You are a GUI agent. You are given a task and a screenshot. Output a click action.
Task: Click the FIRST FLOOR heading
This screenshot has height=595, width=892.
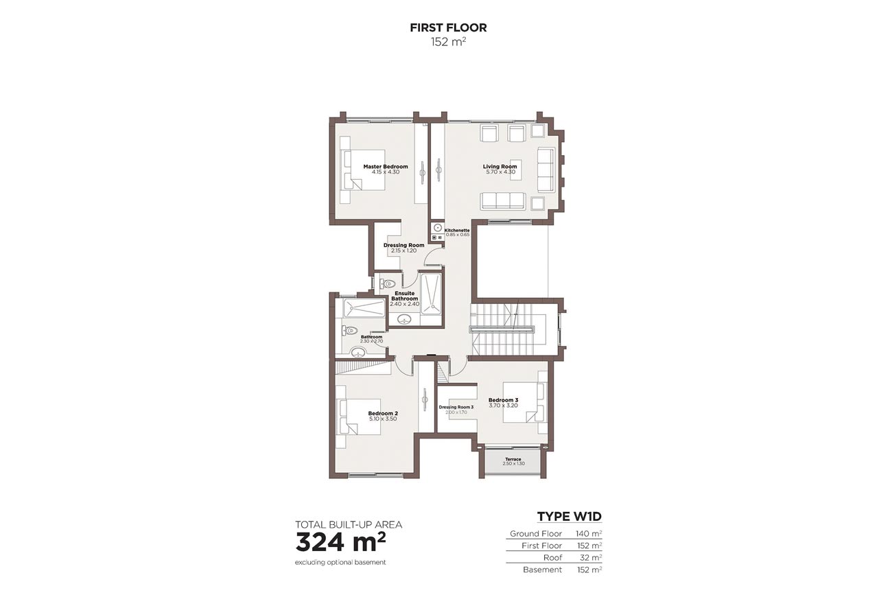pos(448,28)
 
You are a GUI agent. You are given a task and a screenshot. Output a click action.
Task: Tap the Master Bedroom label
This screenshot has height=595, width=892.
pos(386,167)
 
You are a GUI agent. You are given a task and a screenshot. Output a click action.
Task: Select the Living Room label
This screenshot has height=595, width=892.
pos(500,167)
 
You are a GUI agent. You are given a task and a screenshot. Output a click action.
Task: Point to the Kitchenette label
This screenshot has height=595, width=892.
pos(457,230)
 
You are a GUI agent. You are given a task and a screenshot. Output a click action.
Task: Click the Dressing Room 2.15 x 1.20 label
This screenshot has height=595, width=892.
pos(404,245)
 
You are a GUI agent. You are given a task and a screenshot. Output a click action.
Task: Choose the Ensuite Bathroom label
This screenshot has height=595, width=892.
pos(405,296)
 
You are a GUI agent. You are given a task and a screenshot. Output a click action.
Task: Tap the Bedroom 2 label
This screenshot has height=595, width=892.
pos(383,413)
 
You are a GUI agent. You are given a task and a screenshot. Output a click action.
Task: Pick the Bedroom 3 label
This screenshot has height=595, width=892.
pos(503,400)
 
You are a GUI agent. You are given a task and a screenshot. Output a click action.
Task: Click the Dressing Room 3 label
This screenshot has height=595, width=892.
pos(456,407)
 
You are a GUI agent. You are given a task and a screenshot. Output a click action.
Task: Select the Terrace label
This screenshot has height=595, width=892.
pos(513,459)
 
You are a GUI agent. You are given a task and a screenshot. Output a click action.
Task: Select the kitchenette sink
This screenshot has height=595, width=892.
pos(436,227)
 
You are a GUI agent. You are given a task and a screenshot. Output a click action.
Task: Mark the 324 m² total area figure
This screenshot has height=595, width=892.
pos(340,541)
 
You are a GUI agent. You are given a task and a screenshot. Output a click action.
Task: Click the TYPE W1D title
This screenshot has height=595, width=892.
pos(569,517)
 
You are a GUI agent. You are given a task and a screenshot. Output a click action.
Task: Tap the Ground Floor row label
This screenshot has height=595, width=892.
pos(536,534)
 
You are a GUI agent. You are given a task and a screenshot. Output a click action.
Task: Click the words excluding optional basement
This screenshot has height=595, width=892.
pos(340,563)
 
